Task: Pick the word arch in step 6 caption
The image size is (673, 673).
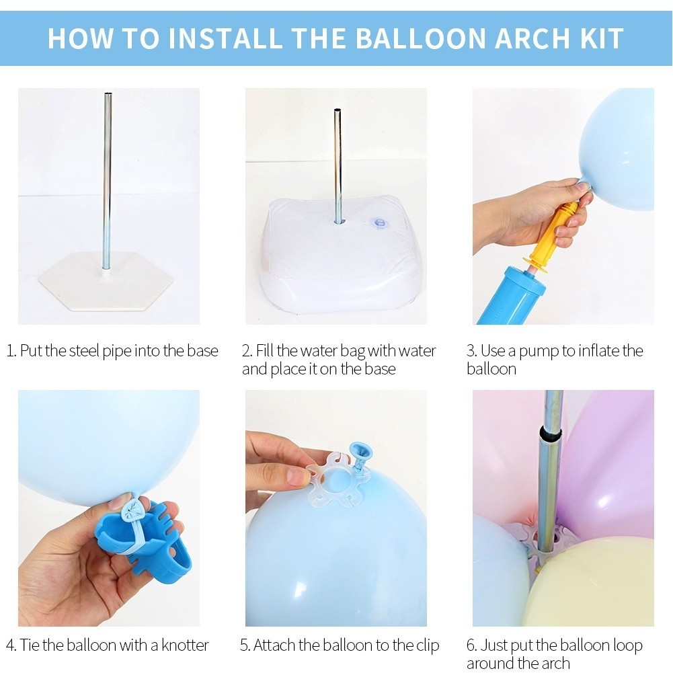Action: click(x=555, y=664)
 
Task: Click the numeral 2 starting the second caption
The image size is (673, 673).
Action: click(x=246, y=351)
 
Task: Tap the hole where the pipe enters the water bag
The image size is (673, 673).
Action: click(x=339, y=222)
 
